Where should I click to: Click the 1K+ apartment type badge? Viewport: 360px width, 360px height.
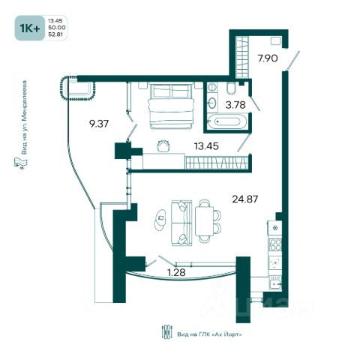click(x=30, y=28)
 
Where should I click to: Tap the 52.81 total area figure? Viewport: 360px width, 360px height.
click(x=55, y=34)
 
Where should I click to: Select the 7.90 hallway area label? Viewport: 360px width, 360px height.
click(x=268, y=58)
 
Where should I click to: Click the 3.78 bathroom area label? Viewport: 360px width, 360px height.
click(x=235, y=105)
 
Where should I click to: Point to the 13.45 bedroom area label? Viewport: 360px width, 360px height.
click(x=206, y=146)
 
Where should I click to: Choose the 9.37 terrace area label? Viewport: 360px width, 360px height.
click(x=99, y=124)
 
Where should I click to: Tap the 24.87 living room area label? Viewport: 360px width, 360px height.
click(x=245, y=199)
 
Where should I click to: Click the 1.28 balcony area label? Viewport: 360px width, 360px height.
click(x=176, y=272)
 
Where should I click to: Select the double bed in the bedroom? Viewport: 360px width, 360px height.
click(x=171, y=106)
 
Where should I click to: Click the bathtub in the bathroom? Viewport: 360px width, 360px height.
click(x=227, y=121)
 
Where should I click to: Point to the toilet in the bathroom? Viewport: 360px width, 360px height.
click(x=231, y=88)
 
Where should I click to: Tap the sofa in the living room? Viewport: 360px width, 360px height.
click(x=181, y=223)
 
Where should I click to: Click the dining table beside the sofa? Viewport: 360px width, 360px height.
click(x=204, y=221)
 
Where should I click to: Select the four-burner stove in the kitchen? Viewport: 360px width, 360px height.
click(x=274, y=244)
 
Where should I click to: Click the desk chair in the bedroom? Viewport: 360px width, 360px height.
click(x=163, y=145)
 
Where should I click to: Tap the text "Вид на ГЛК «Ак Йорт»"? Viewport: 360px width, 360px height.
click(x=209, y=334)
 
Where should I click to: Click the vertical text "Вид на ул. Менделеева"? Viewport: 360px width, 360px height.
click(x=24, y=117)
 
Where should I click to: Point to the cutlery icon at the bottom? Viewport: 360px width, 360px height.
click(x=167, y=332)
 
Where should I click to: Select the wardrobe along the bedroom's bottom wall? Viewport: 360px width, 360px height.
click(x=217, y=162)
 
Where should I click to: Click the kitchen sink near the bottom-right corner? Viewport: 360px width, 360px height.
click(x=275, y=283)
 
